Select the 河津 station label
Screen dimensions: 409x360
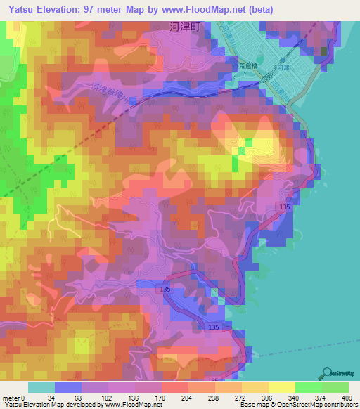(x=303, y=69)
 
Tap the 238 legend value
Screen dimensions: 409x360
(x=214, y=397)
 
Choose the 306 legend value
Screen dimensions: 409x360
(x=269, y=397)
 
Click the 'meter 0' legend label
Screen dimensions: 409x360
(x=13, y=397)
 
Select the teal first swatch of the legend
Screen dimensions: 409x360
(x=41, y=387)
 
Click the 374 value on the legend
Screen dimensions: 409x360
(x=322, y=397)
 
